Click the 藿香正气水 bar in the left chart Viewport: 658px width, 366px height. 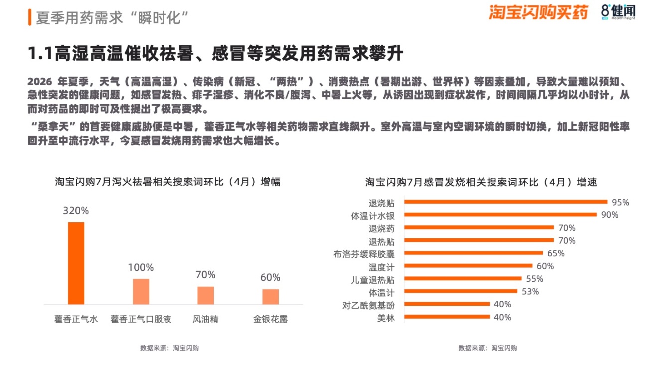click(x=76, y=263)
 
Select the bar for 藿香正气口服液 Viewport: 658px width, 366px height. click(x=141, y=291)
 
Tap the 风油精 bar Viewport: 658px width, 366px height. click(x=205, y=295)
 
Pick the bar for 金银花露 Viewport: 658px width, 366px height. click(x=271, y=297)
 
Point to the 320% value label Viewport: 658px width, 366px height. click(x=76, y=211)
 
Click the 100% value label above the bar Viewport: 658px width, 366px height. click(x=141, y=268)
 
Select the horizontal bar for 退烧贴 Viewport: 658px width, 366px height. click(x=505, y=202)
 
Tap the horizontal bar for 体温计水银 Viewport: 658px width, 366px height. click(x=500, y=215)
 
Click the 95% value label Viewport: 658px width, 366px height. click(x=620, y=202)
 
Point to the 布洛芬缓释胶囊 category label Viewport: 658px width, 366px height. click(x=364, y=254)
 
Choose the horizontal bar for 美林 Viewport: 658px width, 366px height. click(x=447, y=317)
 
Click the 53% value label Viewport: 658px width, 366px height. click(x=530, y=291)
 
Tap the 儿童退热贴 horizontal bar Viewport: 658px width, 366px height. click(x=463, y=278)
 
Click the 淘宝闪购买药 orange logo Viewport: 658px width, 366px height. click(x=538, y=12)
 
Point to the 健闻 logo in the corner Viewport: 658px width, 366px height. click(x=618, y=12)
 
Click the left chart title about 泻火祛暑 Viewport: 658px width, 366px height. click(x=167, y=182)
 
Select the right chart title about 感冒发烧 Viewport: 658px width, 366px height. click(x=481, y=183)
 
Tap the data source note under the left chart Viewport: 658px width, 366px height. click(x=169, y=348)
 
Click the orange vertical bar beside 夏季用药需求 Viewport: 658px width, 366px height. click(x=30, y=17)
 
